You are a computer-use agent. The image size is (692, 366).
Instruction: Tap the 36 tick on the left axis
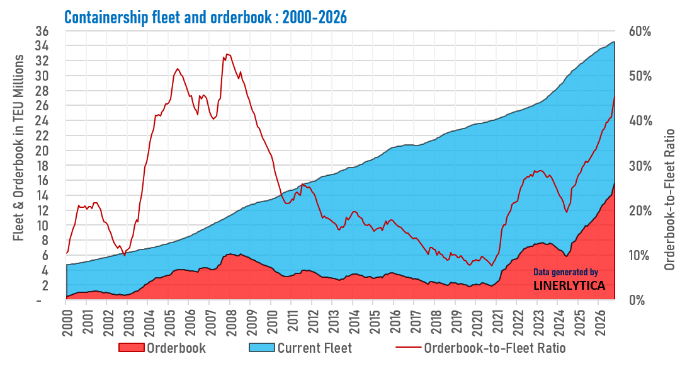pyautogui.click(x=42, y=31)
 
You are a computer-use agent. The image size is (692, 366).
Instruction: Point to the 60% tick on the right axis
pyautogui.click(x=640, y=31)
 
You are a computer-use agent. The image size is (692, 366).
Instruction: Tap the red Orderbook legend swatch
pyautogui.click(x=132, y=348)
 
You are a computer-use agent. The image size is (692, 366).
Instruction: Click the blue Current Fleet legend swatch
pyautogui.click(x=262, y=348)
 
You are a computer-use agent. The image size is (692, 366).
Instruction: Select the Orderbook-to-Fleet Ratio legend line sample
pyautogui.click(x=408, y=348)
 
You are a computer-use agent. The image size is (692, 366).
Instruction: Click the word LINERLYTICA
pyautogui.click(x=569, y=285)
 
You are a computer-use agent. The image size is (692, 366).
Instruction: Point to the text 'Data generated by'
pyautogui.click(x=566, y=272)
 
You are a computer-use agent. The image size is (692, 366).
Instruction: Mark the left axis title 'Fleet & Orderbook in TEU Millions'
pyautogui.click(x=18, y=148)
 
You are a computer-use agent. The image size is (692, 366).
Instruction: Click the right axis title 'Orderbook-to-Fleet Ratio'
pyautogui.click(x=670, y=200)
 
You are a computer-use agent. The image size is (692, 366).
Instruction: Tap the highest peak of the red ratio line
pyautogui.click(x=227, y=54)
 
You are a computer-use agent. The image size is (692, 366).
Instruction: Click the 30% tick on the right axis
pyautogui.click(x=640, y=166)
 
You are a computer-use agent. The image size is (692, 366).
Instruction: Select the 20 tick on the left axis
pyautogui.click(x=42, y=151)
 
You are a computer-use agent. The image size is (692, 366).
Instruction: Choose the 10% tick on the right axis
pyautogui.click(x=640, y=256)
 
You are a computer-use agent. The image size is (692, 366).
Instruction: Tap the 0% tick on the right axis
pyautogui.click(x=637, y=300)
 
